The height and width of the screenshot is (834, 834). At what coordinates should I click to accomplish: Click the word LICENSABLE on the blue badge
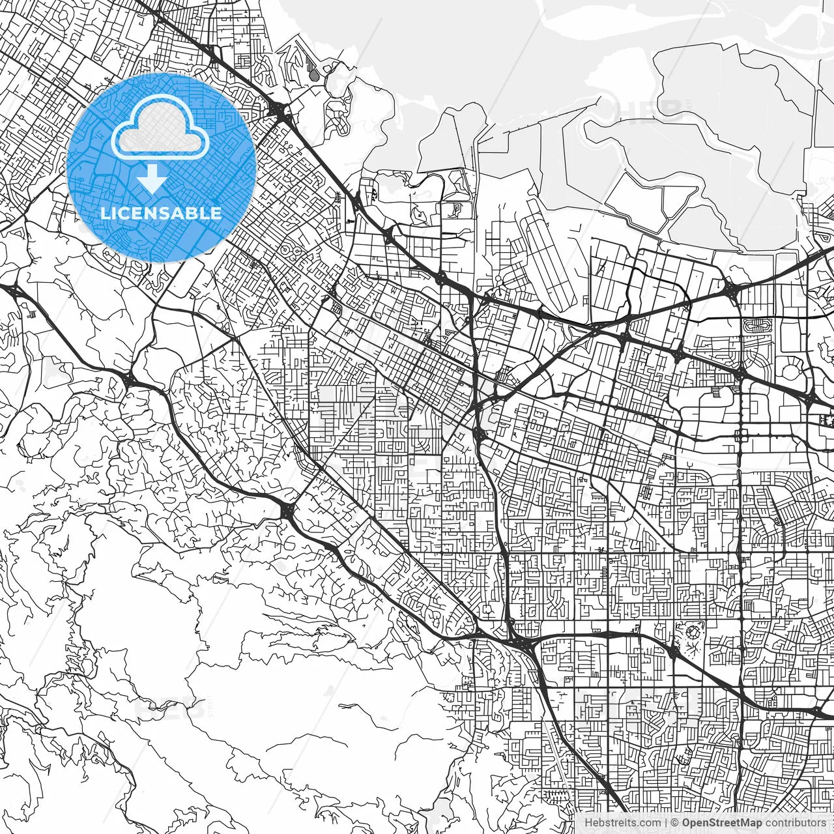[161, 213]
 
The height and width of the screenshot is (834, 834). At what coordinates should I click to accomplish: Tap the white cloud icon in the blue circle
[160, 128]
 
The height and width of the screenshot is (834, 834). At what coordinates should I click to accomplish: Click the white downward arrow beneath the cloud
[152, 179]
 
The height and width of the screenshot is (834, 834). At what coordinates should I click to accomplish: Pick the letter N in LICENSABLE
[147, 213]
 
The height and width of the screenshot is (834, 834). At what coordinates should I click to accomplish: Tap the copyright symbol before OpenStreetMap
[675, 822]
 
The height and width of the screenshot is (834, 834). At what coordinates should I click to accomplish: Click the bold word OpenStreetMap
[721, 822]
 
